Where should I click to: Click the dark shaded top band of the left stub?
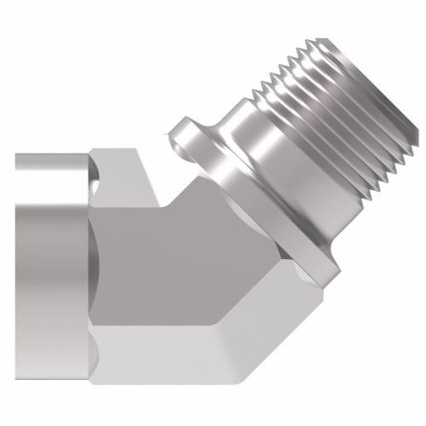[47, 162]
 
